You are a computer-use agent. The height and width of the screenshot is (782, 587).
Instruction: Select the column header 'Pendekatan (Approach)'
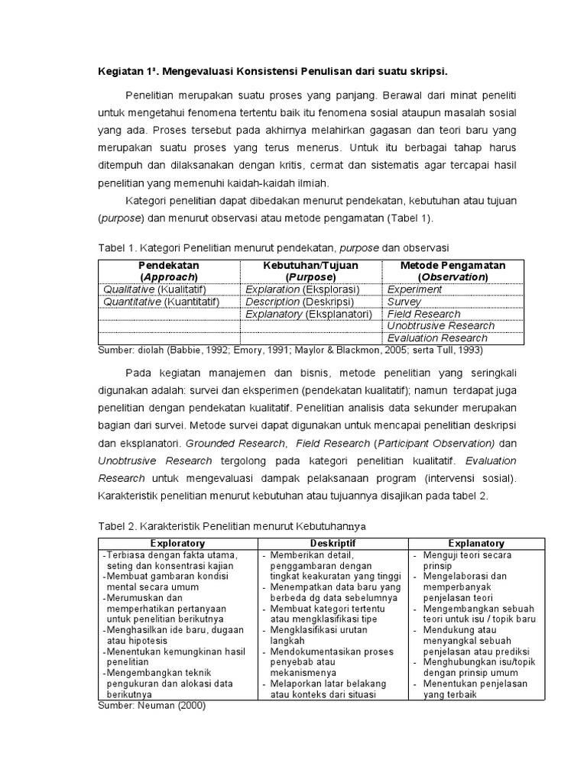click(168, 270)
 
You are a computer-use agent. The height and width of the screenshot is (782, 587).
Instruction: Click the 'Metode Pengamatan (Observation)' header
click(453, 270)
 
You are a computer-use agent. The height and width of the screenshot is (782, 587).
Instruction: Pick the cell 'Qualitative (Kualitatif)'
click(159, 289)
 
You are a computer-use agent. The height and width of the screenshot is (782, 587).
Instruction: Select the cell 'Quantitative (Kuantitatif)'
click(161, 302)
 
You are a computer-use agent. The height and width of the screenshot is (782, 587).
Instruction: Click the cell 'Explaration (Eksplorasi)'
click(302, 289)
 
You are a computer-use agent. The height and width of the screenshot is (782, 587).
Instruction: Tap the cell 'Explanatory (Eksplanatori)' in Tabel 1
click(308, 314)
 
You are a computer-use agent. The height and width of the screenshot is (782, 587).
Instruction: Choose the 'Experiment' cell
click(414, 289)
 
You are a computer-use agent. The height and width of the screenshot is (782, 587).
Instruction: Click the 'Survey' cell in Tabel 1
click(404, 302)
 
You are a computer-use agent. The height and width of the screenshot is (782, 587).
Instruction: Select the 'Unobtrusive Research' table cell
click(440, 326)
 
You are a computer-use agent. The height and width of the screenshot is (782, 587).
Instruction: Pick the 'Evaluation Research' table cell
click(436, 338)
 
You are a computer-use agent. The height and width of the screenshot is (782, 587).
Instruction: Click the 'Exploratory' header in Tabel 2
click(177, 543)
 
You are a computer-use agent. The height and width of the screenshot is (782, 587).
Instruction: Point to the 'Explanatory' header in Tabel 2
click(476, 543)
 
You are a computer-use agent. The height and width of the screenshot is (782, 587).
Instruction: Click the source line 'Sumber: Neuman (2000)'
click(152, 706)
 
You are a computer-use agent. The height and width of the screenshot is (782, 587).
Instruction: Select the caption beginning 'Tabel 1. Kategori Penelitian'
click(274, 248)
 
